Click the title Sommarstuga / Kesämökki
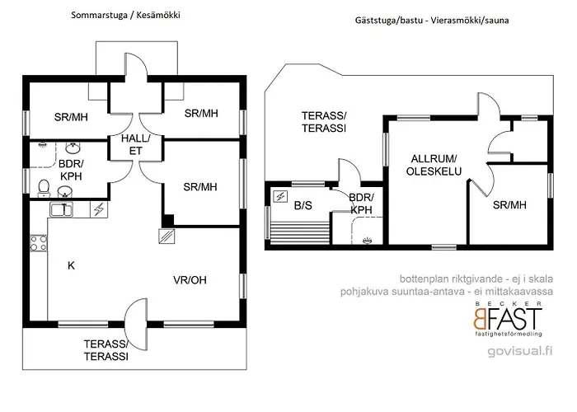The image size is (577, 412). coord(125,16)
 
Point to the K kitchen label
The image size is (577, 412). coord(71,265)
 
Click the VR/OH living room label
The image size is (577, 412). coord(190,280)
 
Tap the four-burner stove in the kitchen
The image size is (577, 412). coord(39,243)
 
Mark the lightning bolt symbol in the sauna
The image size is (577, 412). coord(280,196)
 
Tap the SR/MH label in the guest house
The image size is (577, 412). coord(509,205)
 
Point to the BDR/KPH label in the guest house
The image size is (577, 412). coord(362,204)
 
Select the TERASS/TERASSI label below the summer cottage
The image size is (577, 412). coord(106,350)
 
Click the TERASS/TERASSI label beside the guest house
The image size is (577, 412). coord(323,123)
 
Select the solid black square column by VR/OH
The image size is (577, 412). coord(167,220)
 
